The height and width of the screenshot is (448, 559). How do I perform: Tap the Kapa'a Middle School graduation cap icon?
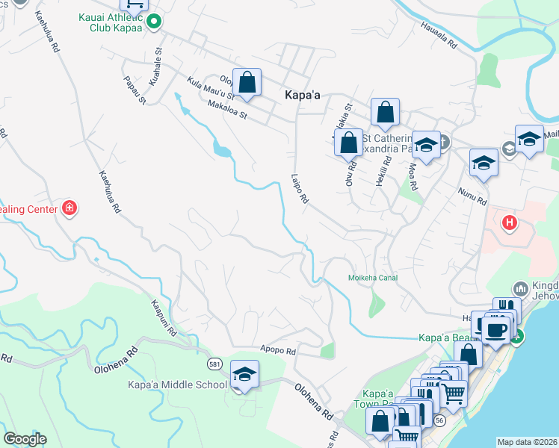pos(244,374)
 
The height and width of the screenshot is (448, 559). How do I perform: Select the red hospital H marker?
pos(510,223)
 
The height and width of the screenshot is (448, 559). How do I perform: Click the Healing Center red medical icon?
pos(70,208)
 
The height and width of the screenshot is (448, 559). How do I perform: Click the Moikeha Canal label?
pos(373,278)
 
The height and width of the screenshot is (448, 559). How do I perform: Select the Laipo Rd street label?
pos(300,190)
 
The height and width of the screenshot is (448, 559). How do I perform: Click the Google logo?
pos(25,439)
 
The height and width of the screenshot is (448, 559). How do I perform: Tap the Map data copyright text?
pos(526,442)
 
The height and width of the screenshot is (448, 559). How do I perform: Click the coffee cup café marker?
pos(495,329)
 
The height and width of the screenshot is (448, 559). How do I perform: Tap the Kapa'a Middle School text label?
pos(178,385)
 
